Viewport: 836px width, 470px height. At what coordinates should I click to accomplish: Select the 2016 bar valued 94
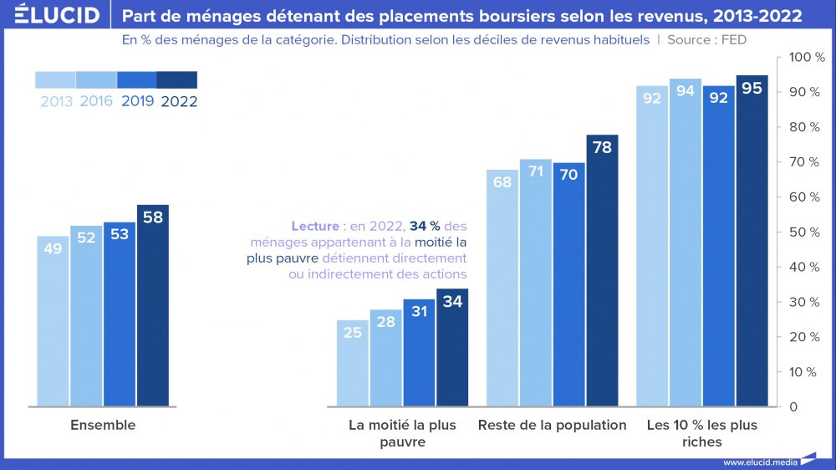[686, 243]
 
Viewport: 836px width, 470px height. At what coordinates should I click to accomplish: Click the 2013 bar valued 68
[502, 288]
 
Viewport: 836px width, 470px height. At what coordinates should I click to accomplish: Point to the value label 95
[752, 88]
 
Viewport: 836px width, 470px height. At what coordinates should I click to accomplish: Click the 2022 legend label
[178, 102]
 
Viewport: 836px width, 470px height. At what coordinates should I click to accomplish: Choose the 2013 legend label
[56, 102]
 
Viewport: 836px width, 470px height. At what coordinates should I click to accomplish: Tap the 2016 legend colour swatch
[96, 79]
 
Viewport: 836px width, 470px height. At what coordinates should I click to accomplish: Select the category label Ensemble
[103, 425]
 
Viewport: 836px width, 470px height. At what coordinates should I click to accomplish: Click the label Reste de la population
[552, 425]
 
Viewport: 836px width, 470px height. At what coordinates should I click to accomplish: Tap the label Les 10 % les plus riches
[702, 433]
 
